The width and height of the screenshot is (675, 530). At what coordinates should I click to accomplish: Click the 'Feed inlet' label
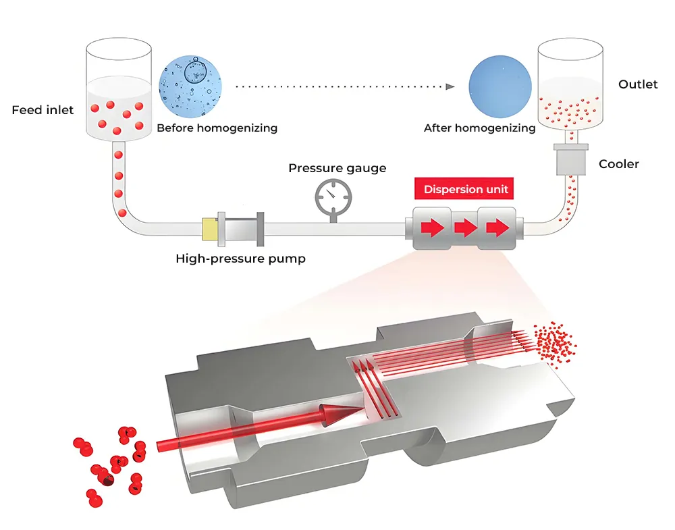click(43, 110)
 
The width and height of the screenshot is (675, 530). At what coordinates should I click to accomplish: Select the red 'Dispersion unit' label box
click(466, 190)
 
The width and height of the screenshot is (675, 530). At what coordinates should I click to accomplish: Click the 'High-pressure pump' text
click(240, 258)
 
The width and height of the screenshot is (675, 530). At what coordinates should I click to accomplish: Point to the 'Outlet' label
click(638, 84)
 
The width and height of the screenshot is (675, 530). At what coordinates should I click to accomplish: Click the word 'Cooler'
click(619, 164)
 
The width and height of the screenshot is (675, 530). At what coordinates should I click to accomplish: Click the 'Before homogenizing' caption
click(217, 128)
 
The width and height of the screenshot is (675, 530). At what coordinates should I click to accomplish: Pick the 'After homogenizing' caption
click(479, 128)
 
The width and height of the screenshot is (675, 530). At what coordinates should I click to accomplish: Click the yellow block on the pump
click(209, 230)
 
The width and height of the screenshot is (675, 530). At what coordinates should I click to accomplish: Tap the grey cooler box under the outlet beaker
click(572, 162)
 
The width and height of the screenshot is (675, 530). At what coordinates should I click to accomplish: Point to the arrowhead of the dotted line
click(449, 86)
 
